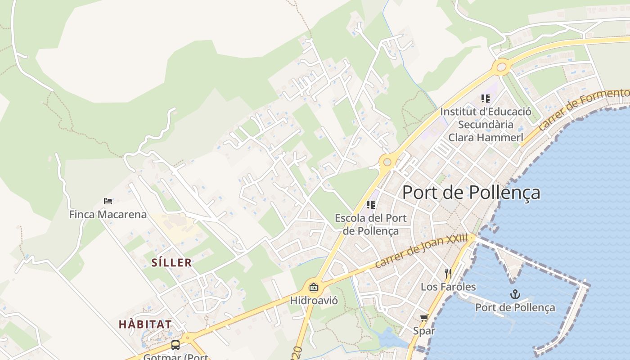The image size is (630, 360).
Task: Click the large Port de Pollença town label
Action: (471, 192)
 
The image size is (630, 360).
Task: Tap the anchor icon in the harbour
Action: (515, 295)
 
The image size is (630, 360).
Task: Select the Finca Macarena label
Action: (108, 214)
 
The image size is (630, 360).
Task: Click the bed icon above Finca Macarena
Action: (108, 201)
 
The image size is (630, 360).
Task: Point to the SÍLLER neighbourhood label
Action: (172, 262)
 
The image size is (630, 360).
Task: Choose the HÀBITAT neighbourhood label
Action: (145, 324)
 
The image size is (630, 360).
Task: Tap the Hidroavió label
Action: (314, 300)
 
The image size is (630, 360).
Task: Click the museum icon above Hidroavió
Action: (314, 287)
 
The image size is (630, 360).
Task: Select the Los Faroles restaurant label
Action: (448, 287)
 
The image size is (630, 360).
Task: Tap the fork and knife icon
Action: (448, 273)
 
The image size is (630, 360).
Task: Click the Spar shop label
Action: (424, 331)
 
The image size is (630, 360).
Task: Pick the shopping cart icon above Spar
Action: (424, 318)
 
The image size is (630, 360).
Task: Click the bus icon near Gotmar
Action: (175, 345)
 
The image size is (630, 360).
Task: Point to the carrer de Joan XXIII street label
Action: (421, 251)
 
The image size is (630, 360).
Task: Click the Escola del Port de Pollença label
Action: (371, 224)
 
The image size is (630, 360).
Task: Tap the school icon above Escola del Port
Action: (371, 205)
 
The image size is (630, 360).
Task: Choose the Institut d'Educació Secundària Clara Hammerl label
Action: (486, 124)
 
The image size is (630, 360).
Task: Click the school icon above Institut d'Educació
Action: (485, 98)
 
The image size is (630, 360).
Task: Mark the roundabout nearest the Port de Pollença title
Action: (387, 162)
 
